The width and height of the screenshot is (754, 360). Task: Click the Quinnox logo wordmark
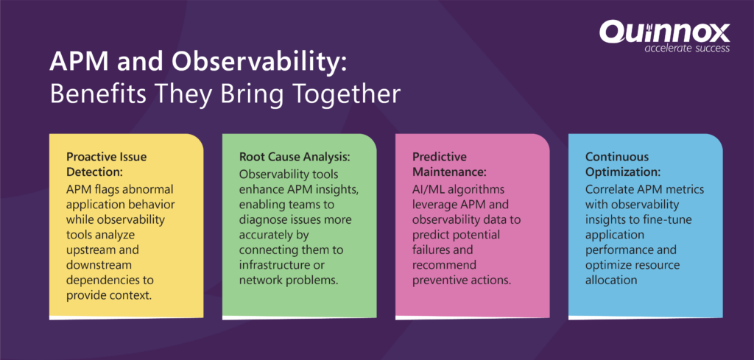(x=664, y=32)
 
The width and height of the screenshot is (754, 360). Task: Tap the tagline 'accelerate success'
(x=687, y=48)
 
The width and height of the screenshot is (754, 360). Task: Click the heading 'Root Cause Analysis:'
(x=295, y=157)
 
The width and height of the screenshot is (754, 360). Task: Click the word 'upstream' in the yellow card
(x=91, y=250)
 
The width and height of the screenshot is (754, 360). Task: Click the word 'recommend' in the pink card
(x=444, y=266)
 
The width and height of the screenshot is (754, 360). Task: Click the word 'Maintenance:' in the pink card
(x=450, y=172)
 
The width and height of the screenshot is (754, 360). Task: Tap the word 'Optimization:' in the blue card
(x=623, y=172)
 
